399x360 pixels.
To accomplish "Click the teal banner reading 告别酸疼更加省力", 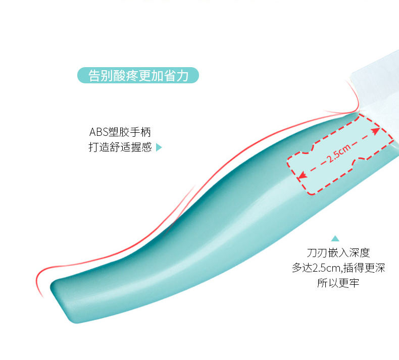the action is coord(138,76).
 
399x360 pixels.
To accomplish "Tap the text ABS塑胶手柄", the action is coord(120,132).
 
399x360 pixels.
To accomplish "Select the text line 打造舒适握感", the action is coord(120,147).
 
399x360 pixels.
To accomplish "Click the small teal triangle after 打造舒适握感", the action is coord(159,148).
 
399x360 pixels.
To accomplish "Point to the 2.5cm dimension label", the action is coord(338,154).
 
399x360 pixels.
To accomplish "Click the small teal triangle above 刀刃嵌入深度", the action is coord(335,238).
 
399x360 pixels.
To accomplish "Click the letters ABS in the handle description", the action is coord(98,132).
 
